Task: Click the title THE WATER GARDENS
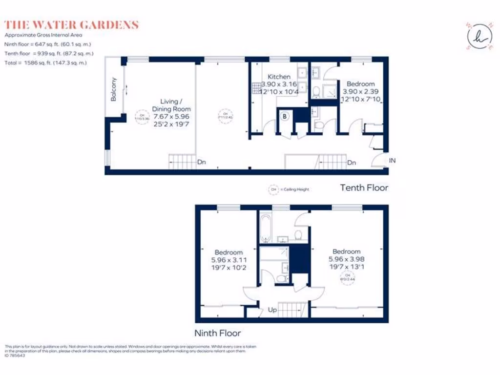pyautogui.click(x=71, y=25)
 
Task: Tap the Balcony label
pyautogui.click(x=114, y=89)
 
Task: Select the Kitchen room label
pyautogui.click(x=279, y=77)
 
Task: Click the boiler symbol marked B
pyautogui.click(x=285, y=116)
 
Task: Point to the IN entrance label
pyautogui.click(x=392, y=160)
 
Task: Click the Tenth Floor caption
pyautogui.click(x=364, y=187)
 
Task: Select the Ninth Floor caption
pyautogui.click(x=218, y=333)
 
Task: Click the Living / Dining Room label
pyautogui.click(x=171, y=105)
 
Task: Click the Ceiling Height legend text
pyautogui.click(x=294, y=189)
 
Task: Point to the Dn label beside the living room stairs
pyautogui.click(x=201, y=162)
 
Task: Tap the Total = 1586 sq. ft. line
pyautogui.click(x=45, y=63)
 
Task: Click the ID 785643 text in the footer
pyautogui.click(x=15, y=355)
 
